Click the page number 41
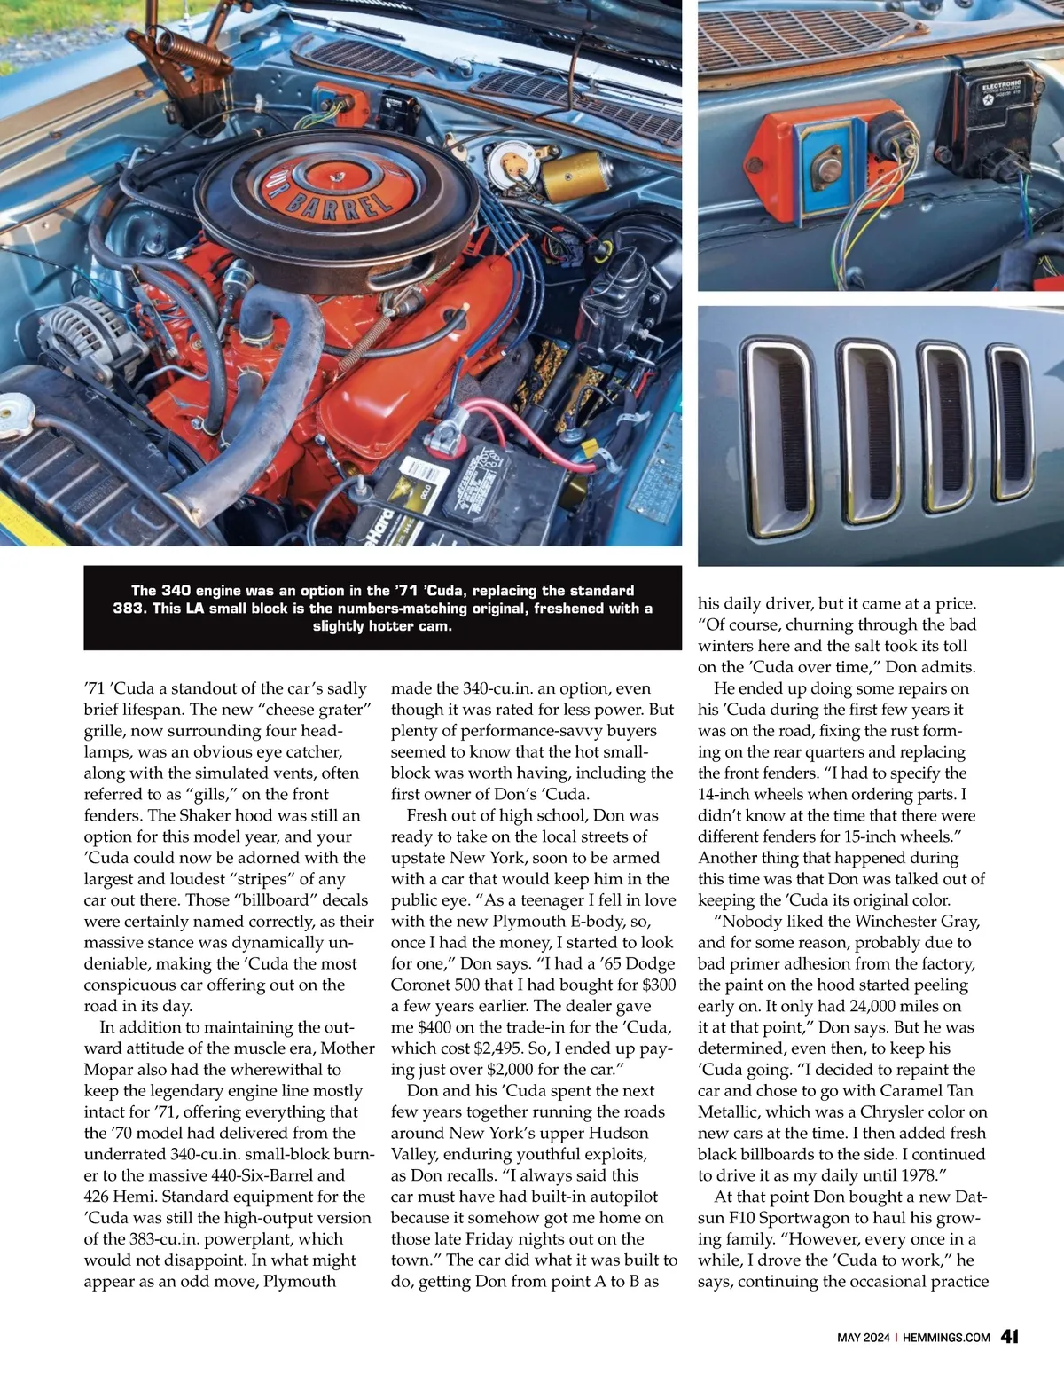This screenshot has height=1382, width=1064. pyautogui.click(x=1009, y=1337)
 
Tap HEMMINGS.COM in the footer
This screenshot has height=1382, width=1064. pyautogui.click(x=946, y=1338)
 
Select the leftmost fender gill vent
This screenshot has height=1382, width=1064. pyautogui.click(x=777, y=430)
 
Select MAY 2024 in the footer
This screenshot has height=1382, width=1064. pyautogui.click(x=863, y=1338)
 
